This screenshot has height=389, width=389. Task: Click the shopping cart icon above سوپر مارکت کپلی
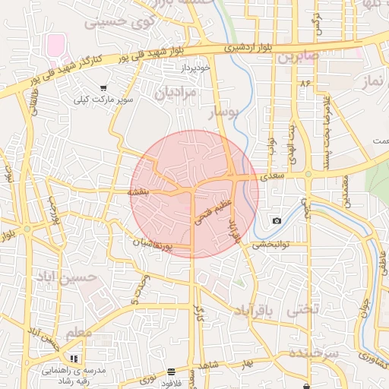pos(103,89)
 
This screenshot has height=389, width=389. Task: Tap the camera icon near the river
pos(276,220)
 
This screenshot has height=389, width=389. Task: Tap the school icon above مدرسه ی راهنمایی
pos(74,358)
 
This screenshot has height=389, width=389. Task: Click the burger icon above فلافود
pos(170,372)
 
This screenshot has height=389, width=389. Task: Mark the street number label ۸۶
pos(306,82)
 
